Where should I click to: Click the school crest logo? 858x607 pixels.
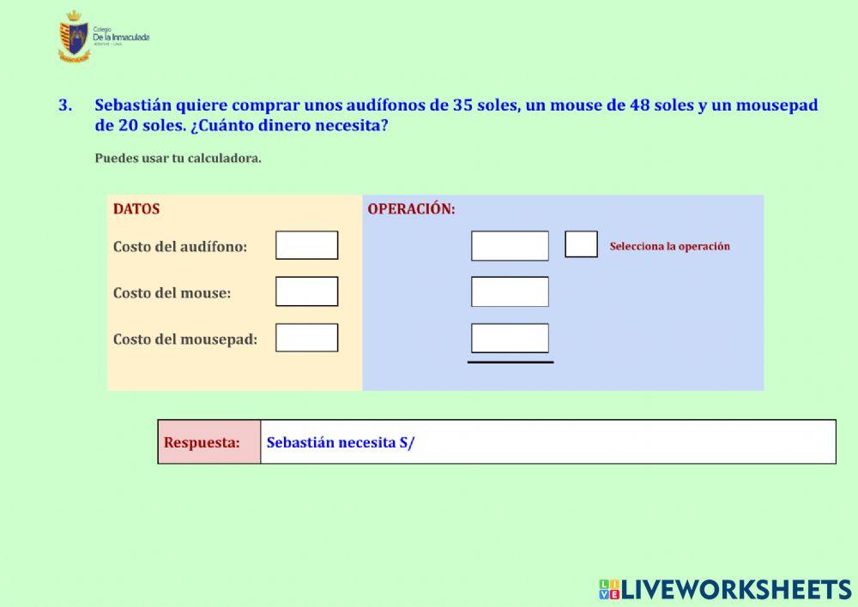pyautogui.click(x=75, y=38)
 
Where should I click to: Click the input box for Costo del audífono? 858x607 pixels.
pyautogui.click(x=306, y=245)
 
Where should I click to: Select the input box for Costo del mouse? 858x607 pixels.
pyautogui.click(x=306, y=291)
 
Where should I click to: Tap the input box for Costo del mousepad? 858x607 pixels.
pyautogui.click(x=306, y=338)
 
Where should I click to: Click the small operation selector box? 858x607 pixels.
pyautogui.click(x=581, y=244)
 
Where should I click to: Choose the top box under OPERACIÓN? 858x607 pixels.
pyautogui.click(x=510, y=246)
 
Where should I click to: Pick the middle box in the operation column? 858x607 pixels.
pyautogui.click(x=510, y=291)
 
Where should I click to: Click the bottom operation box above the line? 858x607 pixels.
pyautogui.click(x=510, y=338)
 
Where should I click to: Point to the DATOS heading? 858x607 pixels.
pyautogui.click(x=136, y=209)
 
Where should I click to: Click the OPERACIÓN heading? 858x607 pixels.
pyautogui.click(x=411, y=209)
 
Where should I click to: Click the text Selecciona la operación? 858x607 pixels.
pyautogui.click(x=669, y=246)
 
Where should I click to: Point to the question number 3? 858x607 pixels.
pyautogui.click(x=64, y=105)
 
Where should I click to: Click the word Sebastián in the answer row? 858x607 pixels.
pyautogui.click(x=299, y=442)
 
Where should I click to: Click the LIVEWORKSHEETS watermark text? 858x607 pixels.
pyautogui.click(x=736, y=589)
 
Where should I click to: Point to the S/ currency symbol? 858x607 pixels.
pyautogui.click(x=407, y=442)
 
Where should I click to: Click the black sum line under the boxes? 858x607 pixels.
pyautogui.click(x=510, y=362)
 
